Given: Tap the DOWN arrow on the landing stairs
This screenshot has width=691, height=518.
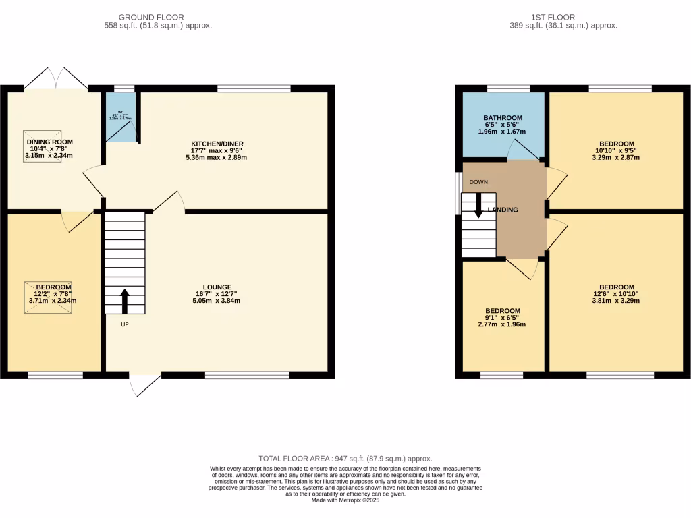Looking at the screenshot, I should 479,205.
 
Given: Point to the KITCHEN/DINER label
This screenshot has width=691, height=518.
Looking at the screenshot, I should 217,144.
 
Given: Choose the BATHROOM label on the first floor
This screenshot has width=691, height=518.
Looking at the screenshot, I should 503,118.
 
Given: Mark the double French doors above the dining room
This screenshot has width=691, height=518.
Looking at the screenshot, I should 56,78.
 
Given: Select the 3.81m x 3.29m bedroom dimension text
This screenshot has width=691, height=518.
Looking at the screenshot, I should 616,301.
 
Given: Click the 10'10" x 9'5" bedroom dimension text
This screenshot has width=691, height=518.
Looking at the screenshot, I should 616,150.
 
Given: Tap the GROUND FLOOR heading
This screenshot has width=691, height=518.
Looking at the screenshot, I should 151,17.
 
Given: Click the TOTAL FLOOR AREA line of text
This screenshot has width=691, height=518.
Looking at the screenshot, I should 345,459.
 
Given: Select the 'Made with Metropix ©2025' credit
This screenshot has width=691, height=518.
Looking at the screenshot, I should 345,500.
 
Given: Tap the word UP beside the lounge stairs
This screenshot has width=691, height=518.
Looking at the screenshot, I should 124,324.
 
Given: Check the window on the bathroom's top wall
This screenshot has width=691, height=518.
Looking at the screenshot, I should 508,88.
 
